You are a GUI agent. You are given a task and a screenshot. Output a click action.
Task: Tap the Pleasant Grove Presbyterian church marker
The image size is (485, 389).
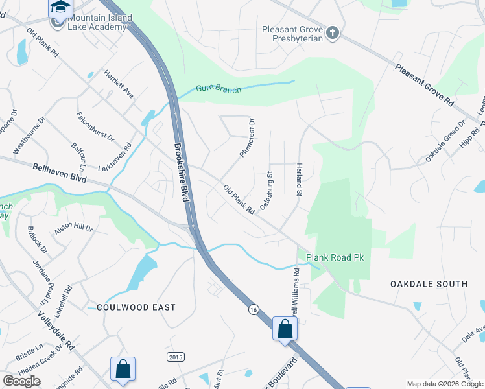pyautogui.click(x=333, y=32)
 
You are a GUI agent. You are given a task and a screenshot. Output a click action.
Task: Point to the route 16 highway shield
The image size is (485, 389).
pyautogui.click(x=254, y=311)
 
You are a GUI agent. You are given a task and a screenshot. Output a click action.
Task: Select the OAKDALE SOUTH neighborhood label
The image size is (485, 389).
pyautogui.click(x=429, y=284)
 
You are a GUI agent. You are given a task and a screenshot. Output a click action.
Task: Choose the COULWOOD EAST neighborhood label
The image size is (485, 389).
pyautogui.click(x=136, y=307)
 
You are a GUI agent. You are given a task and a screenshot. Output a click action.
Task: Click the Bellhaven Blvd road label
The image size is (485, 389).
pyautogui.click(x=59, y=173)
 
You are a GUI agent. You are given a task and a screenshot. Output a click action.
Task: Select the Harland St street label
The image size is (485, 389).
pyautogui.click(x=300, y=180)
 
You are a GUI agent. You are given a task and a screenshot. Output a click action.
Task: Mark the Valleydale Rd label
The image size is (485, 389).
pyautogui.click(x=56, y=330)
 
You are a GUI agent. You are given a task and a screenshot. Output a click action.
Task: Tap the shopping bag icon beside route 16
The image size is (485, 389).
pyautogui.click(x=285, y=328)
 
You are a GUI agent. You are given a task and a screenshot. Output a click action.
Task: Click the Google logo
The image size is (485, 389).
pyautogui.click(x=21, y=381)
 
